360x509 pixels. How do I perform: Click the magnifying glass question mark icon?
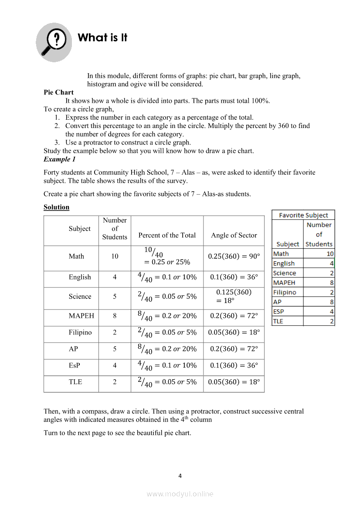coord(54,42)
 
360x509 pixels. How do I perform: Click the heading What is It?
coord(102,38)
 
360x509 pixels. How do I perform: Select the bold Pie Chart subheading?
coord(58,92)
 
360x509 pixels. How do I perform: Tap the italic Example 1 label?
coord(59,159)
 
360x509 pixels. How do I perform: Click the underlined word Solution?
coord(56,207)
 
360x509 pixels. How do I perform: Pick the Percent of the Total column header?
coord(167,235)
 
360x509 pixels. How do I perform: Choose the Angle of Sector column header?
coord(234,235)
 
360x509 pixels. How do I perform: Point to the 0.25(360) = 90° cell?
coord(234,256)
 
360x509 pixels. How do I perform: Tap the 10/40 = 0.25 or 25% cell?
coord(167,256)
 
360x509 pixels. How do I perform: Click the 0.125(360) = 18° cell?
coord(234,296)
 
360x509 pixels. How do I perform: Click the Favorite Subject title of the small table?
coord(303,215)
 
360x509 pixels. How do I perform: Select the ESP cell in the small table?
coord(278,312)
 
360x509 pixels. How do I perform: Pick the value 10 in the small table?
coord(330,254)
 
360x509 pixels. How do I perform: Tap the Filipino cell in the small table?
coord(285,293)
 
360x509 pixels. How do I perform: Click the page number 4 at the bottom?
coord(180,476)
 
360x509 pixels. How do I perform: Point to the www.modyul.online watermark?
coord(180,494)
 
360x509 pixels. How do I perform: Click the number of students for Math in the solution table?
coord(115,256)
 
